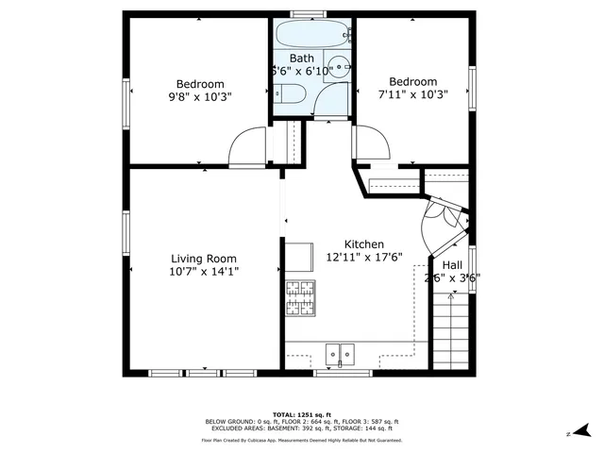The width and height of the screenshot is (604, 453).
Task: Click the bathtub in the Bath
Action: pos(312,37)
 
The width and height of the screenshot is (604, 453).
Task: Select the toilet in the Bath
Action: pos(288,92)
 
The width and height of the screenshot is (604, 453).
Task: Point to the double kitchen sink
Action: pos(340,354)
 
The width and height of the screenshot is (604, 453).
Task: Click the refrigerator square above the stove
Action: pos(299,256)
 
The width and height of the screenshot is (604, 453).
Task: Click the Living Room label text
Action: pos(203,259)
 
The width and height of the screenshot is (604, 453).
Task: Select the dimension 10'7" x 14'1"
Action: pos(203,272)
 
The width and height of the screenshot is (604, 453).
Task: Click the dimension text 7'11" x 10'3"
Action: pos(413,94)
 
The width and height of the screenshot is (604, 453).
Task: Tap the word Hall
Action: pos(452,266)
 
